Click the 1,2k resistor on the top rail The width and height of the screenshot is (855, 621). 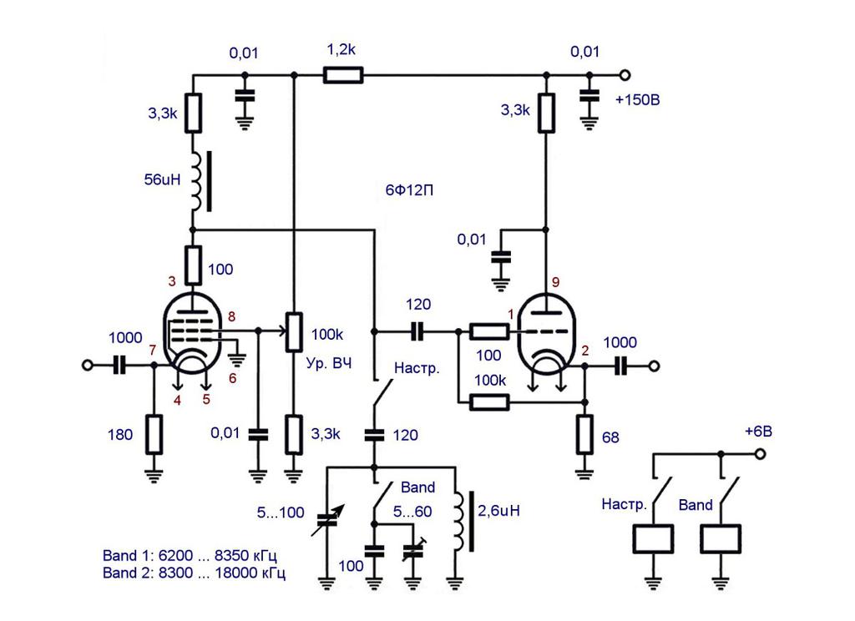343,74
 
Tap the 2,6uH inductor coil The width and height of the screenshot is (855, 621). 461,521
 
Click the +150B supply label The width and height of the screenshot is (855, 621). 637,100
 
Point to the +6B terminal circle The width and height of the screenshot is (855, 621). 760,453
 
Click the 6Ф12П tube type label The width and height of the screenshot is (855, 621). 409,190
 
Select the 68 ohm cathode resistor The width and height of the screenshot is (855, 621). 584,435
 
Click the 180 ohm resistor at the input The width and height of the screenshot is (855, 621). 154,435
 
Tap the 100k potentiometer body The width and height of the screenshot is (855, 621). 294,331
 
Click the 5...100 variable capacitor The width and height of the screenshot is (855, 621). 326,521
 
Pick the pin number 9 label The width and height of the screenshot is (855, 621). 555,282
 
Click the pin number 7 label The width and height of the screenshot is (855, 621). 152,350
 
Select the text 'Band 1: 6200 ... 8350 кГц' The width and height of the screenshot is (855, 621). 190,556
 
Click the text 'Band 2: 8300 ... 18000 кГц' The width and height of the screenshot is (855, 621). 194,573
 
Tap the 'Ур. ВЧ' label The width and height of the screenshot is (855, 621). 329,363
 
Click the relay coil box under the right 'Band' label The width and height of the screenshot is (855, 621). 721,539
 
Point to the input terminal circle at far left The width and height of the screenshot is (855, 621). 87,365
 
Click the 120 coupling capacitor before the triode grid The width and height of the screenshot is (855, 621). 417,331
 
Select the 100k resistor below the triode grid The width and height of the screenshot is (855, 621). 489,402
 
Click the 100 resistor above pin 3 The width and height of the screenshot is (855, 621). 194,265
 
